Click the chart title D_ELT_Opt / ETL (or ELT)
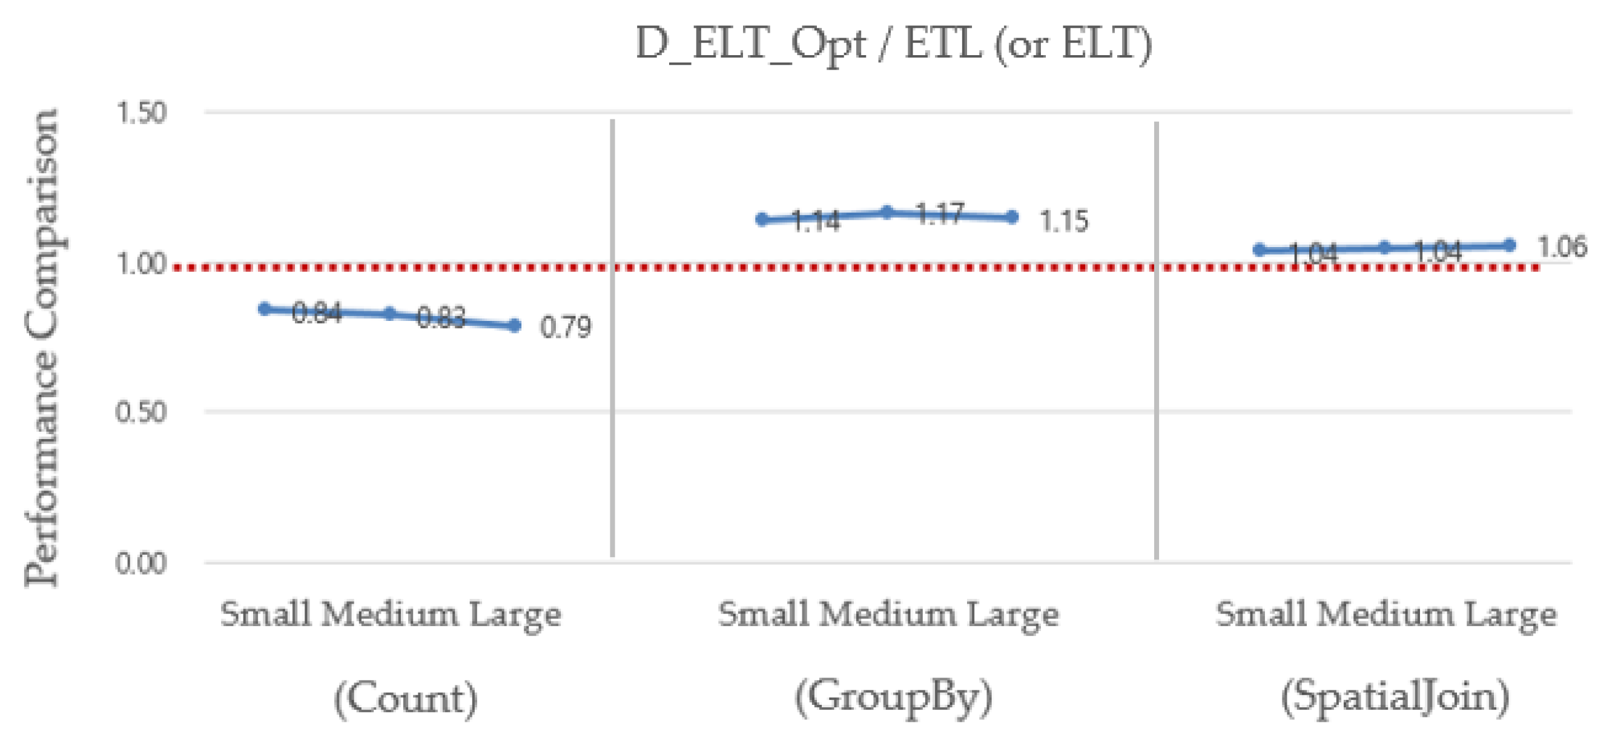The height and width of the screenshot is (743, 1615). click(893, 44)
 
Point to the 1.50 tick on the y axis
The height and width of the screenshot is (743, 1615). click(141, 113)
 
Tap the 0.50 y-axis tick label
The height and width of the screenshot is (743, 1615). click(141, 412)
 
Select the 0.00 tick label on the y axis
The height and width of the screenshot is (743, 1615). click(141, 563)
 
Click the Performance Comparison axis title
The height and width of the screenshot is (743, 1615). click(42, 348)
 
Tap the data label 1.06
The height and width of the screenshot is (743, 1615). click(1562, 247)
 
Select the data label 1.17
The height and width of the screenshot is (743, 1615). click(939, 214)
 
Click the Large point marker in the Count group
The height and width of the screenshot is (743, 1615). click(515, 325)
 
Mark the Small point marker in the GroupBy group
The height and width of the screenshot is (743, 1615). click(762, 219)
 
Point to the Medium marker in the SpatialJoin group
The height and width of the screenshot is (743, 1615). click(1385, 248)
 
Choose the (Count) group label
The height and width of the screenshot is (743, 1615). click(405, 698)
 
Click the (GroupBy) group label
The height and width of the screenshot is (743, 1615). click(893, 696)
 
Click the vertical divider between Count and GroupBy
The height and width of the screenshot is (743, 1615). click(613, 338)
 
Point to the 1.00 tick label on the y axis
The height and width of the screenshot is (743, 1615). click(141, 264)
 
